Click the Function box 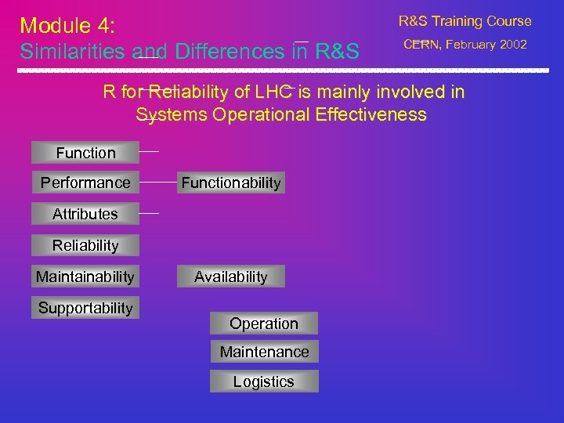pyautogui.click(x=85, y=153)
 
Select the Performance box pyautogui.click(x=85, y=183)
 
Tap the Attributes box pyautogui.click(x=85, y=214)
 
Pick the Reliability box pyautogui.click(x=85, y=245)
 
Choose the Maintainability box pyautogui.click(x=85, y=277)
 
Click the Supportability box pyautogui.click(x=85, y=308)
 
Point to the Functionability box pyautogui.click(x=230, y=183)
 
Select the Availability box pyautogui.click(x=230, y=277)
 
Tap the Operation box pyautogui.click(x=264, y=324)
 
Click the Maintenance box pyautogui.click(x=264, y=352)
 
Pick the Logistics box pyautogui.click(x=264, y=381)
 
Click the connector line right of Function pyautogui.click(x=149, y=151)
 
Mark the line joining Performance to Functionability pyautogui.click(x=157, y=182)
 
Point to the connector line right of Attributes pyautogui.click(x=149, y=213)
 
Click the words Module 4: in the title pyautogui.click(x=68, y=27)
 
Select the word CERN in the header pyautogui.click(x=421, y=45)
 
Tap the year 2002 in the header pyautogui.click(x=512, y=45)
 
